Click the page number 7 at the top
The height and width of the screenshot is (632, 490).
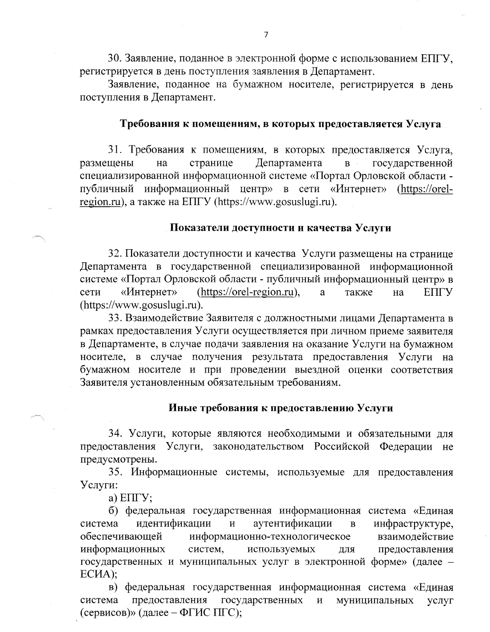[x=265, y=36]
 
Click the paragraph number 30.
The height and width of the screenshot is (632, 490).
[x=113, y=59]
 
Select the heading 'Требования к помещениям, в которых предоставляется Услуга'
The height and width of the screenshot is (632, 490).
[x=280, y=124]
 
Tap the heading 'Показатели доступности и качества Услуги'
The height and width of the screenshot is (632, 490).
[x=280, y=228]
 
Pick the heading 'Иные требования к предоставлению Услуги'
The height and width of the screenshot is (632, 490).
[x=281, y=408]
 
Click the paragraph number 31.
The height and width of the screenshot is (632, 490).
[x=113, y=150]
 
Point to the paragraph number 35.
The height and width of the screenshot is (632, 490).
[x=113, y=472]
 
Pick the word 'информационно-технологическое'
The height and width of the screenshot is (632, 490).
[x=271, y=536]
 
